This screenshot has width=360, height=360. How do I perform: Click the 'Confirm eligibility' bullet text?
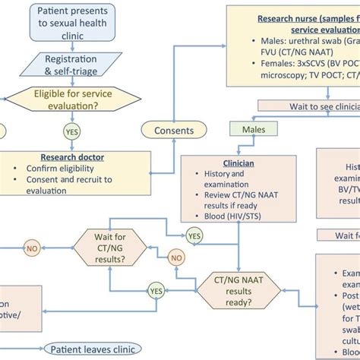pos(60,169)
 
